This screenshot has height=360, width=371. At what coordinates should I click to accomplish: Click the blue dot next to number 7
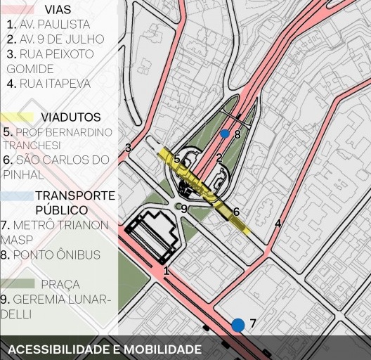click(x=238, y=325)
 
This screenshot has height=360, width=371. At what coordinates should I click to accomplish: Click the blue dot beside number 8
click(x=225, y=134)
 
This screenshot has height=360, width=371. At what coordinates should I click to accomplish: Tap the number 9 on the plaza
click(x=184, y=209)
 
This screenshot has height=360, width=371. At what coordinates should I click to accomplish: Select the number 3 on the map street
click(x=128, y=148)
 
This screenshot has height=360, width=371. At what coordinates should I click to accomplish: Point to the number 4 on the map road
click(x=278, y=224)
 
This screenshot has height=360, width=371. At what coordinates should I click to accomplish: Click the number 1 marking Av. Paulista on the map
click(x=167, y=271)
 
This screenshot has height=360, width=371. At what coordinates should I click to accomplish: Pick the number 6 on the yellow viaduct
click(x=236, y=212)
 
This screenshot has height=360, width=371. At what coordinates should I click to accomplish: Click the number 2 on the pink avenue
click(x=219, y=158)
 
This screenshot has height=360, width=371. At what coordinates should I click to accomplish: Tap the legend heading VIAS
click(x=57, y=10)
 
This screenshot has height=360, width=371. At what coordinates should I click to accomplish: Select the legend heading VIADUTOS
click(x=70, y=117)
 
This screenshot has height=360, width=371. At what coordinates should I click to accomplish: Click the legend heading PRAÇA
click(x=60, y=285)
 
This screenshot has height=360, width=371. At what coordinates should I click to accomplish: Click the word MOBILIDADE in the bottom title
click(x=158, y=349)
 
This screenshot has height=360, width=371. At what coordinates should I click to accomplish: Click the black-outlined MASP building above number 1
click(x=151, y=236)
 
